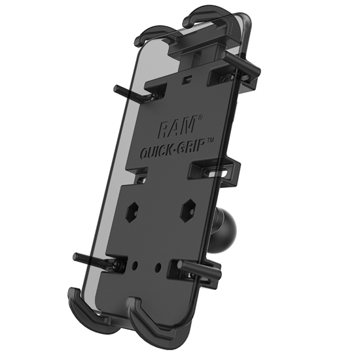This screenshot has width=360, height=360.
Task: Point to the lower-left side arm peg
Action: coord(92,259)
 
